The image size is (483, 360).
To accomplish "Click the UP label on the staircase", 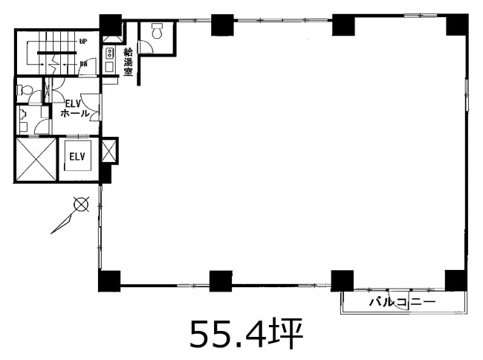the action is tap(83, 42).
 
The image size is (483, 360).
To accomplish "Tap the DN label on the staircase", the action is tap(83, 64).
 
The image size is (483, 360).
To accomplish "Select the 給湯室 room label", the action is tap(128, 62).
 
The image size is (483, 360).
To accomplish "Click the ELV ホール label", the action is tap(75, 108).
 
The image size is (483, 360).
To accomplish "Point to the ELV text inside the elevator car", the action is tap(77, 157).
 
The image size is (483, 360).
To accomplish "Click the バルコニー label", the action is tap(403, 301).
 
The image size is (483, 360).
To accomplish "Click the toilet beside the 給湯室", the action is tap(157, 30).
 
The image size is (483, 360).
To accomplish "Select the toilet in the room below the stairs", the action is tap(25, 90).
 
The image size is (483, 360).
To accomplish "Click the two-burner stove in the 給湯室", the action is tap(108, 53).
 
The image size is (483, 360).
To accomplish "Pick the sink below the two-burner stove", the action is tap(109, 67).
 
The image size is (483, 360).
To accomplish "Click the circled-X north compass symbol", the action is tap(82, 204).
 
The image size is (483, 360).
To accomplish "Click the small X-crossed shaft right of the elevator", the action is tap(109, 151).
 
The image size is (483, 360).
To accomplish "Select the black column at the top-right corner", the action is tap(457, 25).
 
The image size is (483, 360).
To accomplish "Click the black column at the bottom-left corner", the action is tap(109, 281).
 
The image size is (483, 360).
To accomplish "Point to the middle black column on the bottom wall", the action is tap(221, 281).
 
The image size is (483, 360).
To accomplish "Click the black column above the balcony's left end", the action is tap(342, 281).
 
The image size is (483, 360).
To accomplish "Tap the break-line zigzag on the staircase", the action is tap(56, 64).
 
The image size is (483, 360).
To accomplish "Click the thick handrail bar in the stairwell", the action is tap(57, 53).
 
